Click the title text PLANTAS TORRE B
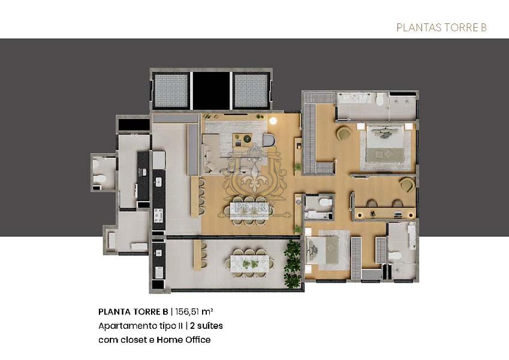coord(441,28)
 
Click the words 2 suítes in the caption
coord(206,326)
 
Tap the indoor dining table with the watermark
coord(248,209)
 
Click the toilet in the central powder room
coord(324,203)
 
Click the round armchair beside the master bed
coord(343,133)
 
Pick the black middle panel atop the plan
coord(212,91)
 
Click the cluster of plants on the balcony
coord(293,264)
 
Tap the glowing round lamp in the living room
coord(273,121)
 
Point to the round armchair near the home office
coord(407,184)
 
